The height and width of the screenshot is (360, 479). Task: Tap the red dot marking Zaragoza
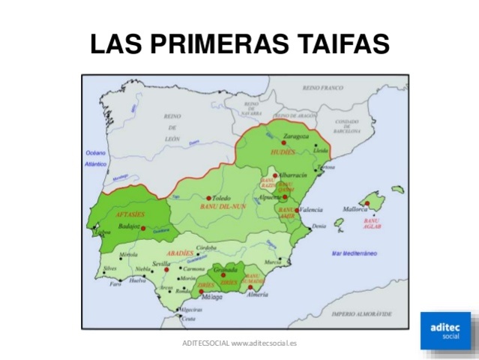pos(286,145)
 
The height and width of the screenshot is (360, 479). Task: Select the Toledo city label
pos(223,198)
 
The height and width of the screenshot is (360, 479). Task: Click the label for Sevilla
pos(160,264)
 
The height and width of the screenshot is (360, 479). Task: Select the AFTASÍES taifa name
pos(130,215)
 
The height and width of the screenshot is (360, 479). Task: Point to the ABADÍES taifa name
pos(180,253)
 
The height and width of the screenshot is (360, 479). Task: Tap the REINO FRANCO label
pos(322,88)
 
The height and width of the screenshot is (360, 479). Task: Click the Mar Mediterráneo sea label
pos(355,253)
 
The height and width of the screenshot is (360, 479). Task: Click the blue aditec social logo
pos(445,330)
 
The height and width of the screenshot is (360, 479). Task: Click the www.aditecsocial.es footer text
pos(264,343)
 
